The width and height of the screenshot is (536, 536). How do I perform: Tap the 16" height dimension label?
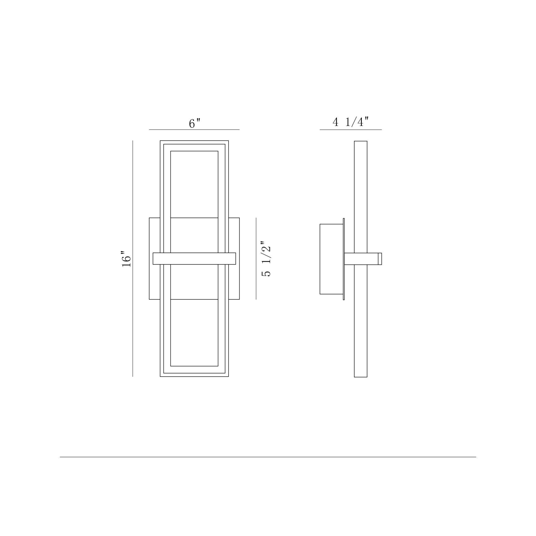(126, 259)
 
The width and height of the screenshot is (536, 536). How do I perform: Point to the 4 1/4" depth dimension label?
(351, 122)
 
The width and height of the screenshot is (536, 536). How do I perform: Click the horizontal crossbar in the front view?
(194, 259)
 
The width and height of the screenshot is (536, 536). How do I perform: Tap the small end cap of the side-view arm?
(380, 259)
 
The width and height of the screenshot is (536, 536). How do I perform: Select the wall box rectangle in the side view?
(331, 259)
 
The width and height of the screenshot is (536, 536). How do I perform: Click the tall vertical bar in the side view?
(360, 194)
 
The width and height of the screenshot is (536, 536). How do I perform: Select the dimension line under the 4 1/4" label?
(351, 129)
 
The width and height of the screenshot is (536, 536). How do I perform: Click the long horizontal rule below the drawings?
(268, 457)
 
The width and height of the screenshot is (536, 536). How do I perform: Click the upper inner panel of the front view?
(194, 184)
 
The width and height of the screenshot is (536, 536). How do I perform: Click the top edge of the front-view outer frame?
(194, 141)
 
